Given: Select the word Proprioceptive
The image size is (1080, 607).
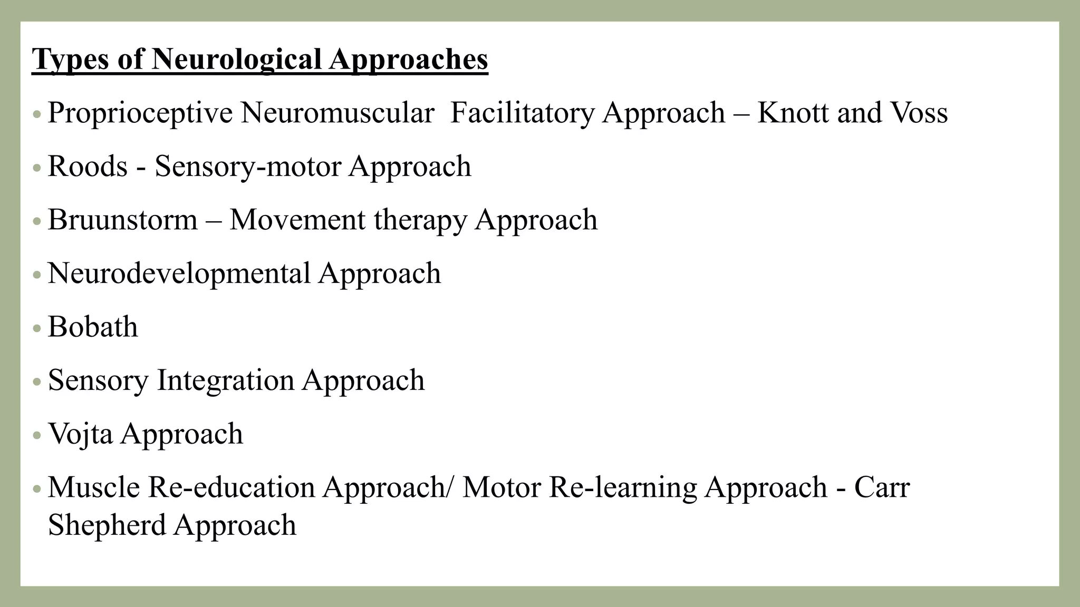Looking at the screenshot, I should click(140, 113).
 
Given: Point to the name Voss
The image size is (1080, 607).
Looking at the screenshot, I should click(919, 113).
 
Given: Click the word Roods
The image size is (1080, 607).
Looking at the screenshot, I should click(88, 167).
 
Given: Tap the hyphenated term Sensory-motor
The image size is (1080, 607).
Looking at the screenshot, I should click(248, 167).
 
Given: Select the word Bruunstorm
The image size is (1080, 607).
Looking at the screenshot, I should click(122, 220).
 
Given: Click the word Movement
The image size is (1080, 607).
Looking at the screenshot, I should click(297, 220).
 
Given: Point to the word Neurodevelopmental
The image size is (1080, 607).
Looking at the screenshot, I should click(179, 273).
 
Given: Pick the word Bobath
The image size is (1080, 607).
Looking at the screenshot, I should click(93, 327).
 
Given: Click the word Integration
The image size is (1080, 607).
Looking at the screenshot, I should click(225, 380).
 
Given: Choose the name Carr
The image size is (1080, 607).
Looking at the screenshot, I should click(882, 487).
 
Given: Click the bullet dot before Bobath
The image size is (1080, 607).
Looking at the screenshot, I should click(36, 328).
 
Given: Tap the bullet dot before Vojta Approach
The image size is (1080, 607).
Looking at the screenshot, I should click(36, 435).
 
